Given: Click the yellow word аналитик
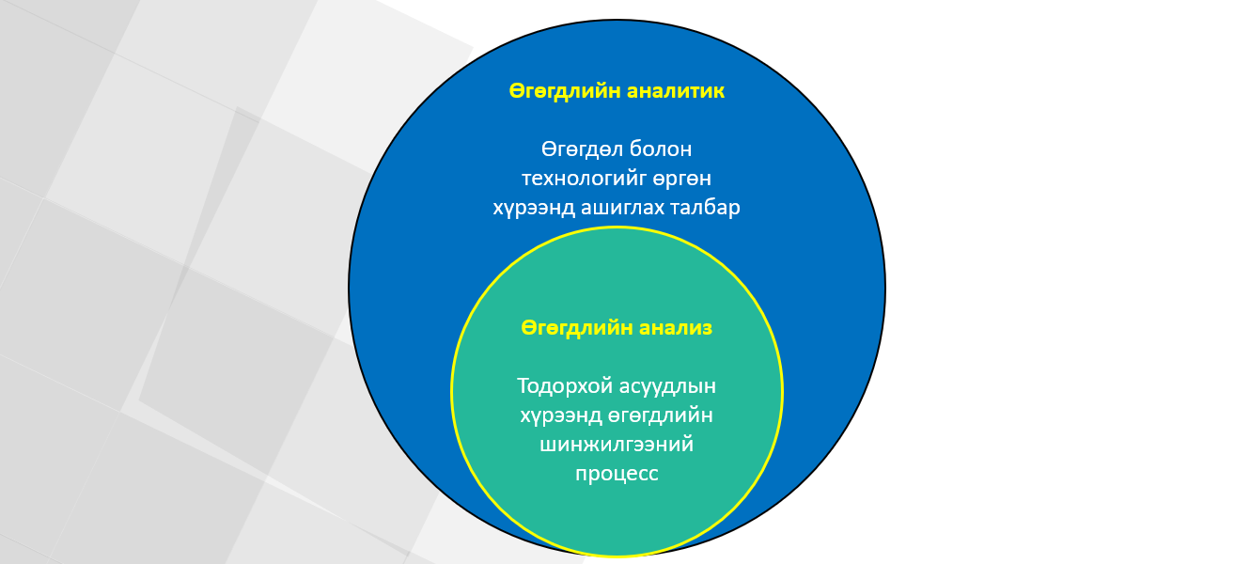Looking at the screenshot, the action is click(x=675, y=91).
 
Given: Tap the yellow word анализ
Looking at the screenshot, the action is click(x=675, y=327).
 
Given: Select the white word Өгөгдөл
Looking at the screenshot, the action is click(x=582, y=149).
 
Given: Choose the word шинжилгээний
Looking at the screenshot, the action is click(x=617, y=445).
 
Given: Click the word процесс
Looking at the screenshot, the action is click(x=617, y=474).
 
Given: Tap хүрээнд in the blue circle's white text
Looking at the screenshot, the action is click(x=534, y=208).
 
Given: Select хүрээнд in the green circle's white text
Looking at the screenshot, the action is click(x=561, y=415).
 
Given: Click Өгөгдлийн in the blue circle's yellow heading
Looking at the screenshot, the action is click(x=564, y=91).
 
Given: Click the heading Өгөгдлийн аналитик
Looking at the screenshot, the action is click(x=617, y=91).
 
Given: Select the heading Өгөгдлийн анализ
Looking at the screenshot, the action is click(x=617, y=327).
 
